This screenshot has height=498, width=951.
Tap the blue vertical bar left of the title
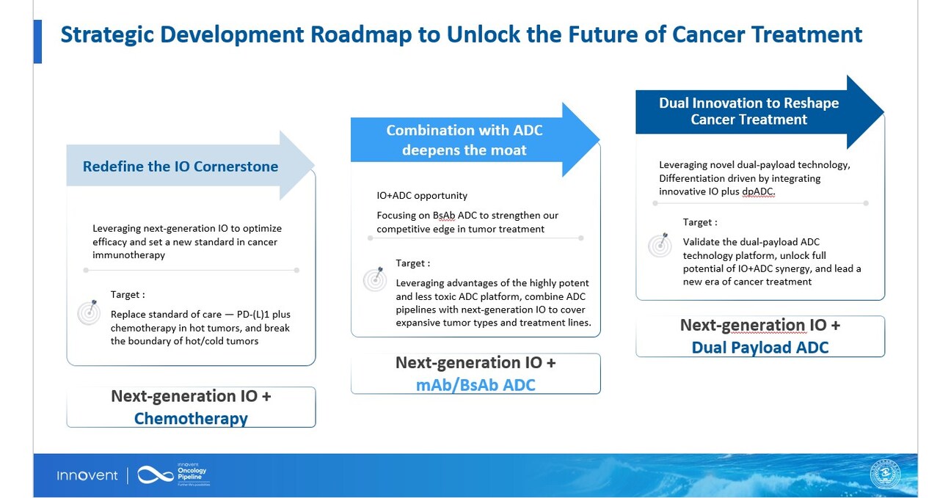tap(37, 41)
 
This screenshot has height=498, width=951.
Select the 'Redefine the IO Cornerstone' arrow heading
tap(181, 166)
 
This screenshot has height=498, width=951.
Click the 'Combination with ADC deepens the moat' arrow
tap(464, 140)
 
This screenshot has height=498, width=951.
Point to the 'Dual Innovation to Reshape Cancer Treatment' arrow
tap(748, 111)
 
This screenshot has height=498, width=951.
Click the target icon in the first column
tap(89, 313)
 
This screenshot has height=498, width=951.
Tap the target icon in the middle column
tap(374, 279)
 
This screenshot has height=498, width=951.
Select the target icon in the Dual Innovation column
tap(660, 244)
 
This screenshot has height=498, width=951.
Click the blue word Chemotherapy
tap(191, 418)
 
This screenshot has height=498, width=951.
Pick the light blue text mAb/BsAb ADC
tap(475, 384)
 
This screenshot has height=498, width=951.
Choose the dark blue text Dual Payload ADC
tap(760, 347)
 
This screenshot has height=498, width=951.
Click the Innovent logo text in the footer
tap(87, 476)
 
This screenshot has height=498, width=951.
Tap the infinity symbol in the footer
tap(155, 475)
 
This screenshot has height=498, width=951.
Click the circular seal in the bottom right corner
tap(888, 475)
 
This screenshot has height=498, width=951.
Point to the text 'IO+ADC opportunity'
tap(422, 196)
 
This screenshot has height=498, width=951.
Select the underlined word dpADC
tap(759, 191)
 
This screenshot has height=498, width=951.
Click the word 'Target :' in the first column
tap(128, 295)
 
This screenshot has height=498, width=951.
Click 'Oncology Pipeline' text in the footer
tap(192, 473)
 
